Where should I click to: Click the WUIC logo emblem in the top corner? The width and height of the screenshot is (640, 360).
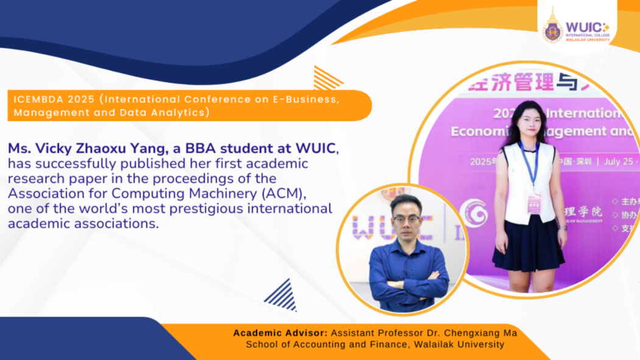(553, 27)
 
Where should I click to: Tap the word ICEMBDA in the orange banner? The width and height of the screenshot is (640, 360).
(38, 99)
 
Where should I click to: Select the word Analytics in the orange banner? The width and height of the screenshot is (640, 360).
(179, 113)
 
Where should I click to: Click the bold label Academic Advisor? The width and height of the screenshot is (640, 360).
(280, 333)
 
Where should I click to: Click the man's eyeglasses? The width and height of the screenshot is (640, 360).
(405, 219)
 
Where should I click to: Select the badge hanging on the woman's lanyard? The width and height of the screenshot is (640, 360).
(535, 201)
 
